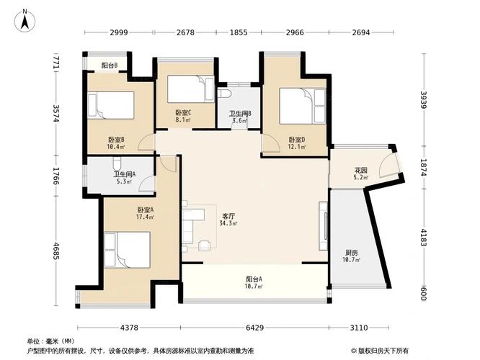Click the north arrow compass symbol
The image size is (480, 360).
26,20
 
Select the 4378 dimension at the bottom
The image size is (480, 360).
129,328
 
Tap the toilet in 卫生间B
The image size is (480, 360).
224,95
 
